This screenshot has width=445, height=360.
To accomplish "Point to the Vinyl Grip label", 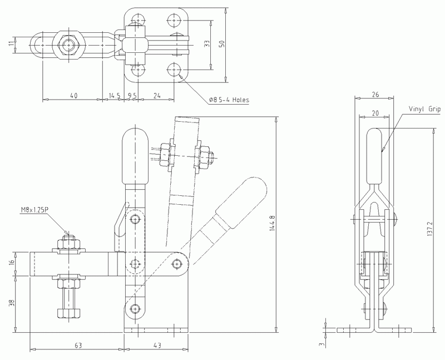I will point(424,110).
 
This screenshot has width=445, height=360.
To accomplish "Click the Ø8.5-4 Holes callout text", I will point(229,100).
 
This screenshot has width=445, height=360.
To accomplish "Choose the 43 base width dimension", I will point(157,346).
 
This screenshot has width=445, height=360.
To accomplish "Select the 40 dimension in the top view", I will point(73,96).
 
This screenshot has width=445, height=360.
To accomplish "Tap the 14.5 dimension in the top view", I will point(115,96).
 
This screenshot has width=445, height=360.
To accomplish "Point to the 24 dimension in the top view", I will point(157,96).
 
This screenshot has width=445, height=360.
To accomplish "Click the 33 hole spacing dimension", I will point(207,45).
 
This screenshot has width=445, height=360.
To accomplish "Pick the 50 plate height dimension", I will point(222,45).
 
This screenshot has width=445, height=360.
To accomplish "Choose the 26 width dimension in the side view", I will point(377,95).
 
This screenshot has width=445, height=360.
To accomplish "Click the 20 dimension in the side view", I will point(375,113).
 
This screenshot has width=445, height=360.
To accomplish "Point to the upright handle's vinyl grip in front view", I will point(135,156).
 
